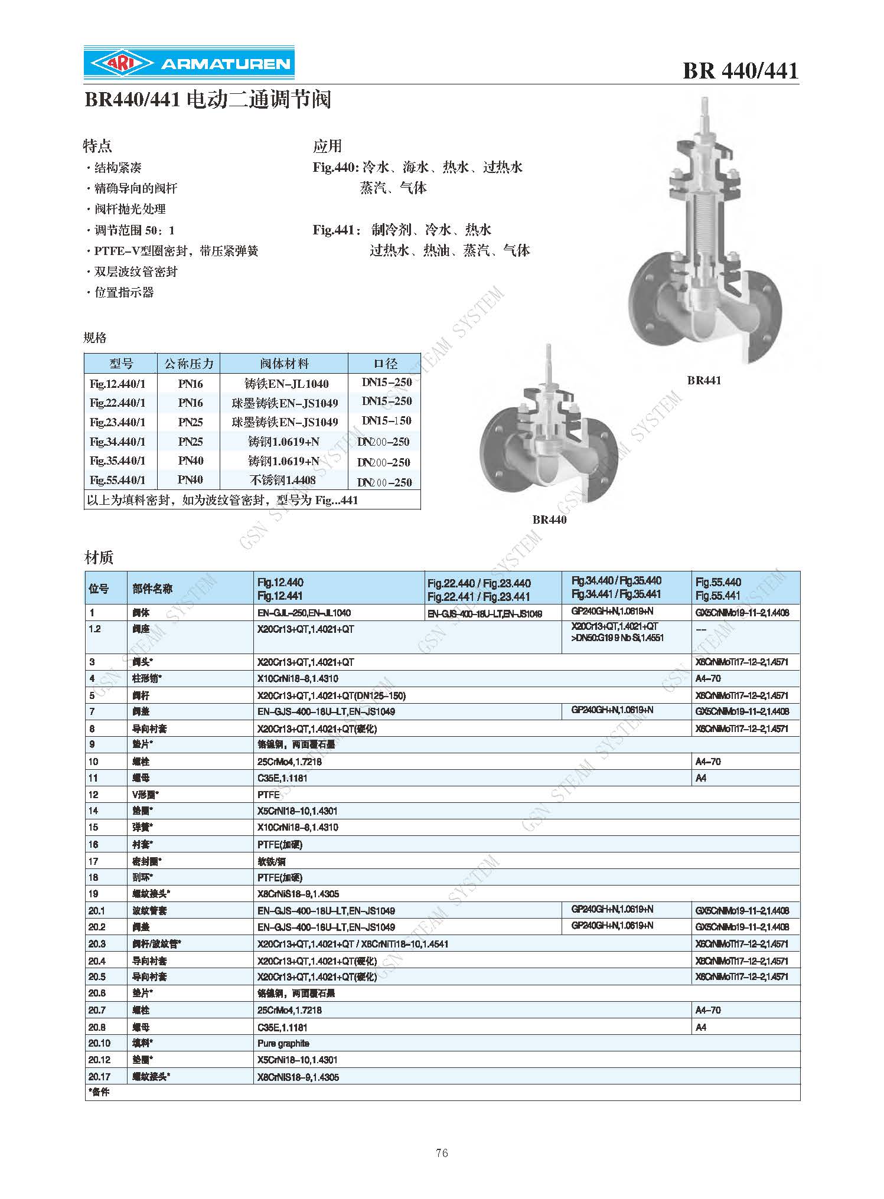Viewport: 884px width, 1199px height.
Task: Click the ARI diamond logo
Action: coord(121,63)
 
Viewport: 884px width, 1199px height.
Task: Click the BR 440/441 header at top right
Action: coord(740,71)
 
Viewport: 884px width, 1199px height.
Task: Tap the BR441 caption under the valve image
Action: coord(704,381)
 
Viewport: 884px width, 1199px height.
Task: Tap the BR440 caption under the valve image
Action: coord(549,520)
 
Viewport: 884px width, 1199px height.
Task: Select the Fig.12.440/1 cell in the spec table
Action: coord(118,384)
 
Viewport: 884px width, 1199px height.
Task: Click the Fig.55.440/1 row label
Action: coord(118,480)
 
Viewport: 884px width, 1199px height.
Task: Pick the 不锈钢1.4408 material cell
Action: coord(283,481)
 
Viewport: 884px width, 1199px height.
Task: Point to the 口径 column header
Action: coord(385,364)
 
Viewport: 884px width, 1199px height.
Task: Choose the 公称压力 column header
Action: coord(188,364)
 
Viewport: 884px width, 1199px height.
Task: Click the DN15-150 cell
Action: coord(386,421)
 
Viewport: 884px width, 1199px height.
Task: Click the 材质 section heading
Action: coord(99,557)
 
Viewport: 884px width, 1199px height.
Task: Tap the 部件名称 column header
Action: coord(152,589)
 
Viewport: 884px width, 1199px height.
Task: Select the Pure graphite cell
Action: coord(283,1043)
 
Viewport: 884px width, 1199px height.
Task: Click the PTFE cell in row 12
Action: coord(269,795)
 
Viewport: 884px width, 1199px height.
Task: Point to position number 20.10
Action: coord(99,1043)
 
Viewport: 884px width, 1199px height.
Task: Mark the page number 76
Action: coord(442,1153)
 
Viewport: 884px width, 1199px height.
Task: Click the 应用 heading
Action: coord(327,146)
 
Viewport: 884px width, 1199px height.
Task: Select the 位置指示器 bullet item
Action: coord(123,292)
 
